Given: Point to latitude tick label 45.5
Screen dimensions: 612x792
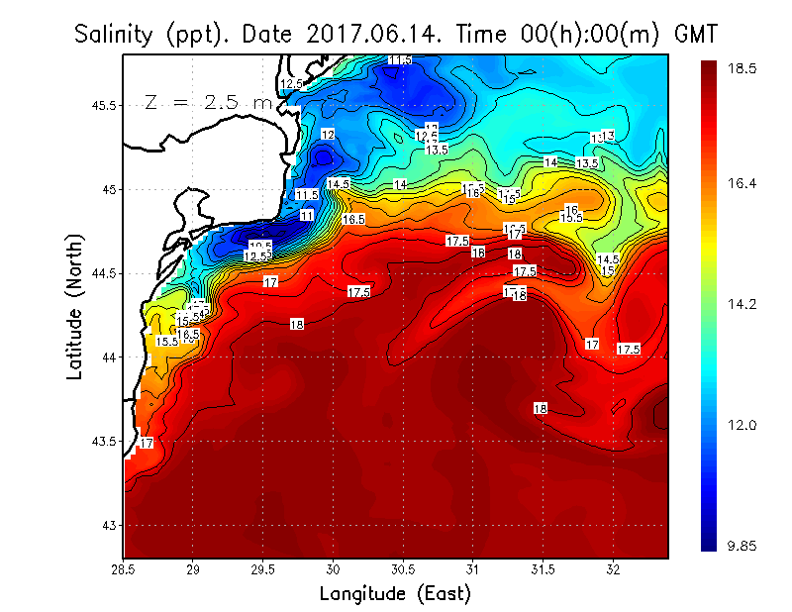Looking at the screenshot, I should point(100,106).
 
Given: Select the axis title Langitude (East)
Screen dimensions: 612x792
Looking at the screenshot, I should point(395,594).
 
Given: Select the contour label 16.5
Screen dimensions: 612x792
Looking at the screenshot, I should point(353,219).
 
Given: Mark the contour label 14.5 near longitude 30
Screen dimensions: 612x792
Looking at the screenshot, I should point(339,184).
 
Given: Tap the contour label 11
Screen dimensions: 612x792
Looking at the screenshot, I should point(307,215).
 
